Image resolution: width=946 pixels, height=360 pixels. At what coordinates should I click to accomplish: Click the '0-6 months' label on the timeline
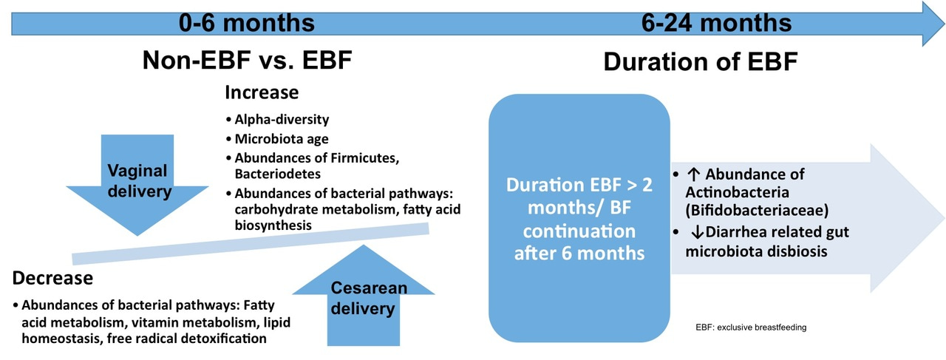[x=247, y=22]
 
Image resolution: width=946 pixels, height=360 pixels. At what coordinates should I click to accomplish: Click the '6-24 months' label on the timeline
[x=716, y=22]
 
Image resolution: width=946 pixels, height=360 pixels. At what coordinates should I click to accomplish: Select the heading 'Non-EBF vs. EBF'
[x=247, y=61]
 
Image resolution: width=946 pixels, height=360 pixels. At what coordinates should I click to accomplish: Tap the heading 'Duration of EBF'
[x=700, y=61]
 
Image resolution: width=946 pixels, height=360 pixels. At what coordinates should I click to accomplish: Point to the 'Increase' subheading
[x=262, y=93]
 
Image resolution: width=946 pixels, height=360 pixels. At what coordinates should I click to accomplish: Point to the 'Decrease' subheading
[x=52, y=278]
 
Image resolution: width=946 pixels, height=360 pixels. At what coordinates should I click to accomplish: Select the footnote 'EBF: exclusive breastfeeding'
[x=751, y=327]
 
